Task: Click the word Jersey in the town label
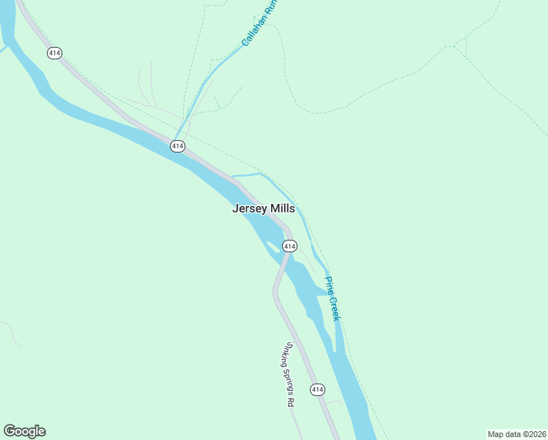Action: click(x=250, y=209)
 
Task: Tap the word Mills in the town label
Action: click(x=283, y=209)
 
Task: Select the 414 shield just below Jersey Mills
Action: click(x=289, y=246)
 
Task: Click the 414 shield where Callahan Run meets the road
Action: click(x=177, y=146)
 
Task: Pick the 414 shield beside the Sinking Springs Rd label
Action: click(x=316, y=389)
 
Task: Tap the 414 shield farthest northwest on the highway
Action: click(x=53, y=53)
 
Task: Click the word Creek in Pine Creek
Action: click(x=335, y=308)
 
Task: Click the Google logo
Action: click(x=24, y=431)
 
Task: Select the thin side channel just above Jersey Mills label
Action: click(x=248, y=175)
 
